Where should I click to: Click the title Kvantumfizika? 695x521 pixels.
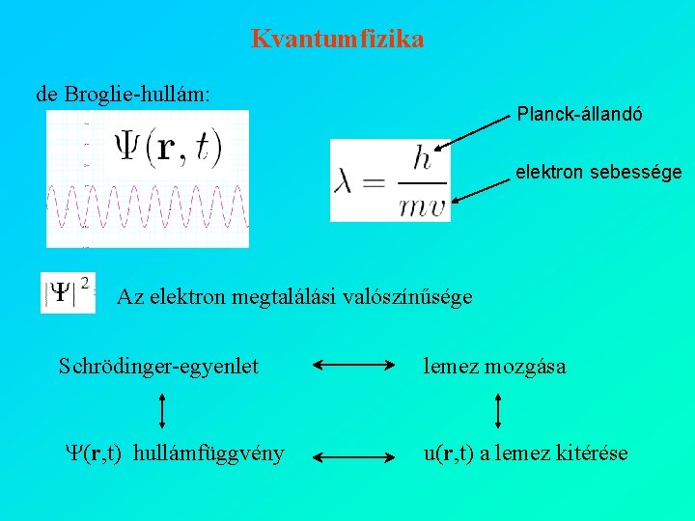point(337,40)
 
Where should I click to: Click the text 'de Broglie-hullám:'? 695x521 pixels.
point(124,94)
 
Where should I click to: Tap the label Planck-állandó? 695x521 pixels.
point(579,114)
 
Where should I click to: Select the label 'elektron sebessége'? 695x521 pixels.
point(598,173)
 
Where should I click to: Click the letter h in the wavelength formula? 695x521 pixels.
point(422,160)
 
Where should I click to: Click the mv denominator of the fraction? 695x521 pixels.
point(422,203)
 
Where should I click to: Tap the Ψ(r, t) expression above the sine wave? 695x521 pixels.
point(169,146)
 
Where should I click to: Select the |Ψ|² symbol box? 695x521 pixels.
point(68,292)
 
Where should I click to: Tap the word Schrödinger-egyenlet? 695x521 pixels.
point(158,367)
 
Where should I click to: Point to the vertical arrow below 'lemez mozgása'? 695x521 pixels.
point(497,409)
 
